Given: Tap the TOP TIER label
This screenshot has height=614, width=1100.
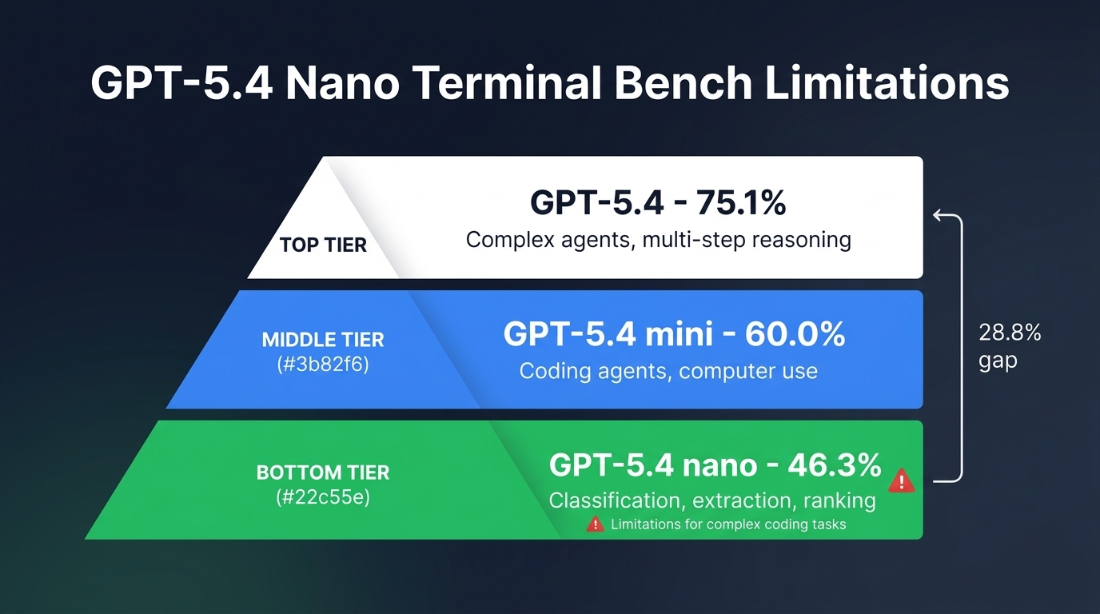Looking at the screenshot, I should [323, 245].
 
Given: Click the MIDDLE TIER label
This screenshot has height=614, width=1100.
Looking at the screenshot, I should [323, 339].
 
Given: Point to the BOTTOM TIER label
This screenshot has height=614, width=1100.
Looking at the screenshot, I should [323, 472].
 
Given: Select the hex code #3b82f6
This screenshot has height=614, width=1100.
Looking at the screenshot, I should [323, 368].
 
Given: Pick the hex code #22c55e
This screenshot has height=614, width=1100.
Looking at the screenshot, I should [323, 499].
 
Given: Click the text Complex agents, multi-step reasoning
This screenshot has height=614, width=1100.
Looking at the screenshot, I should [658, 239].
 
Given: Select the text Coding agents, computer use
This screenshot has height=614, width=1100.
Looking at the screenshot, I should [668, 371].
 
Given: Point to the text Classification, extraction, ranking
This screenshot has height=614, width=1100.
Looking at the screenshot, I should [712, 500].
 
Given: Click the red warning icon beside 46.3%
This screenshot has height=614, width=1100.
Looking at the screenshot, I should [902, 480].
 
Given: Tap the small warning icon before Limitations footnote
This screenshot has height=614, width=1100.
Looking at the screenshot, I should [595, 524].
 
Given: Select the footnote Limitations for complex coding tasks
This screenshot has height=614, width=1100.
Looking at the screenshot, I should [727, 524].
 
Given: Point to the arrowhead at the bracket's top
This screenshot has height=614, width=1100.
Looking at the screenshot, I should [939, 214].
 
